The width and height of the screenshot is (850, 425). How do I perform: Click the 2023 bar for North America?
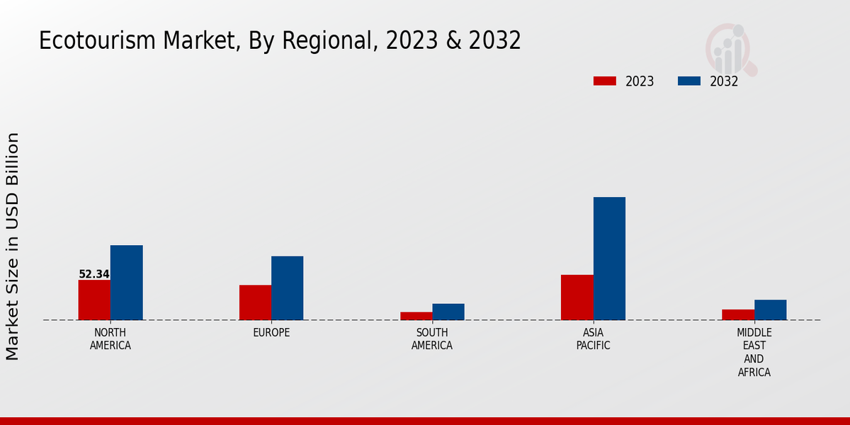[x=94, y=300]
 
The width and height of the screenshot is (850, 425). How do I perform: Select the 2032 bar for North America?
[x=126, y=283]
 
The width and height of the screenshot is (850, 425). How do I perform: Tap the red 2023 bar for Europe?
[x=255, y=302]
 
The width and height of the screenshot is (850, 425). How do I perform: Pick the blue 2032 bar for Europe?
[x=287, y=288]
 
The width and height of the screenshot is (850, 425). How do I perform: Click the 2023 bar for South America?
[x=416, y=316]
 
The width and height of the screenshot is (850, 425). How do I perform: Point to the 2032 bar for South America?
[x=448, y=312]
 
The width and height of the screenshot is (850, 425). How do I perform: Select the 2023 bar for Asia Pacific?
[x=577, y=297]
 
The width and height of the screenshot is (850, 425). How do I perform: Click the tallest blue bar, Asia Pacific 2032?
[x=609, y=259]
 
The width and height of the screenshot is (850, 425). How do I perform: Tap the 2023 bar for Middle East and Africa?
[x=738, y=314]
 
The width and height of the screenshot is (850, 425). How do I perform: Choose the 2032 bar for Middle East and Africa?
[x=770, y=310]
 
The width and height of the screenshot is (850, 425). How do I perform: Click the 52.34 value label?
[x=94, y=274]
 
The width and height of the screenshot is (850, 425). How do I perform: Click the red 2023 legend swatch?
[x=605, y=81]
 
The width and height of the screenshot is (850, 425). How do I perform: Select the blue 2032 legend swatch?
[x=689, y=81]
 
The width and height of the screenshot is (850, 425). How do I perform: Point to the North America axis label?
[x=110, y=339]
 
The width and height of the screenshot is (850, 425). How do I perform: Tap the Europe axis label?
[x=271, y=333]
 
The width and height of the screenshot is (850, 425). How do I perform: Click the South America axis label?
[x=432, y=339]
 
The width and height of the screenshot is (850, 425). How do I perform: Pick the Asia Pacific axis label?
[x=593, y=339]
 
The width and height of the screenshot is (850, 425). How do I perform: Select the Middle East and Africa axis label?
[x=754, y=352]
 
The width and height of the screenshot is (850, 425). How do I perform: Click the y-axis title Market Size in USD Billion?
[x=13, y=246]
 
